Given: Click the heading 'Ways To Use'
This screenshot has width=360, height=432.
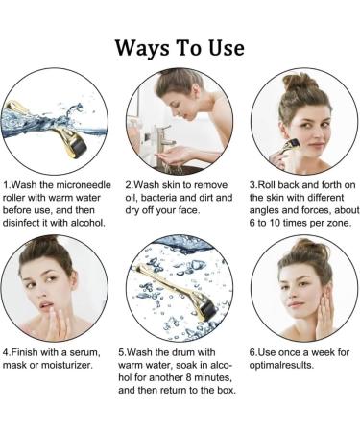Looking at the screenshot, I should pos(180,47).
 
